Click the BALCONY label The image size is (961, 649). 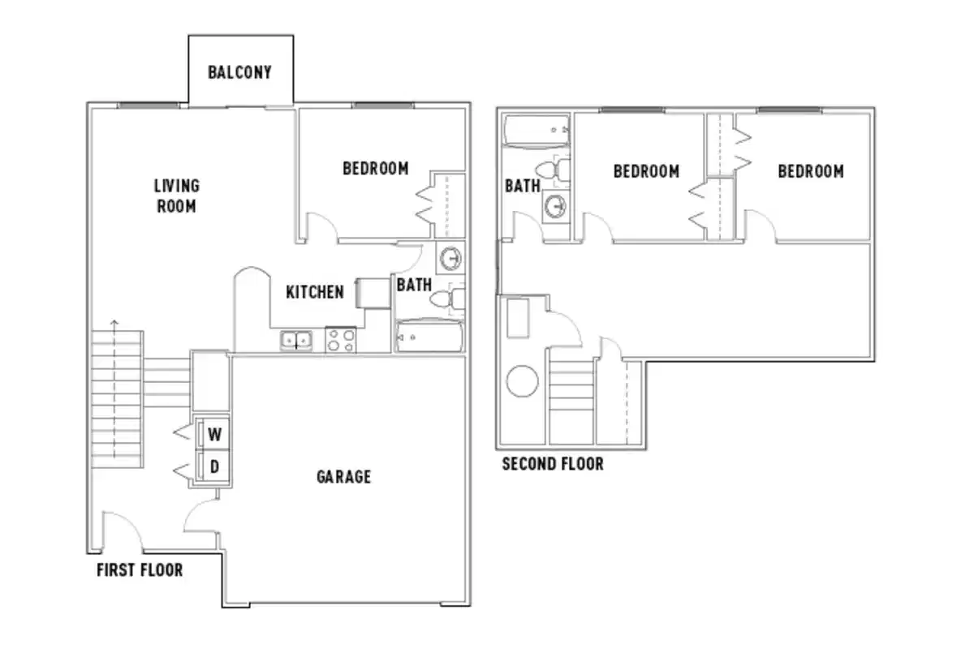click(x=239, y=72)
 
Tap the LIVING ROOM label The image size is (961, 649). click(x=176, y=196)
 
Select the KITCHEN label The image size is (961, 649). click(x=314, y=292)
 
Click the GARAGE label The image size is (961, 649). click(x=343, y=476)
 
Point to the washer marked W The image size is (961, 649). click(x=214, y=434)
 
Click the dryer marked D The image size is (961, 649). click(x=214, y=466)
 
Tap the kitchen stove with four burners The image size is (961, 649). click(x=340, y=339)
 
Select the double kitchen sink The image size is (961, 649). click(x=296, y=341)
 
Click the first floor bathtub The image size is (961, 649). click(x=429, y=337)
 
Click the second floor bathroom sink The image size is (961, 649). click(x=556, y=206)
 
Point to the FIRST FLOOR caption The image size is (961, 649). click(x=140, y=570)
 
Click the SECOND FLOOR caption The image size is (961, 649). click(x=553, y=464)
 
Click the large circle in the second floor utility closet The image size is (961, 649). click(x=523, y=381)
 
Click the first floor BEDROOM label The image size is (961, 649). click(x=375, y=169)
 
